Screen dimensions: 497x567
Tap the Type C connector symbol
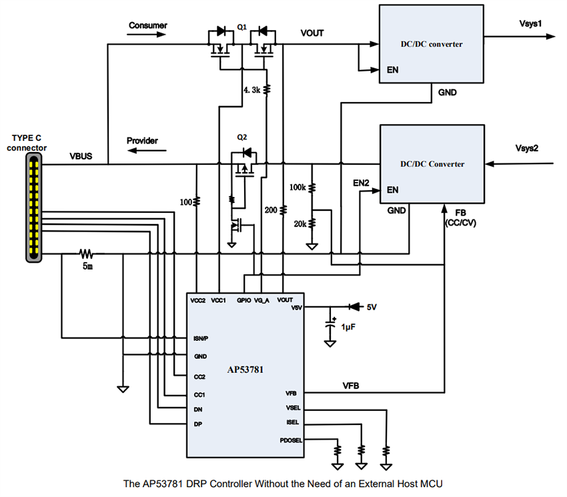pos(33,206)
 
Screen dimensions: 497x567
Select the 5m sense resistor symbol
pos(85,254)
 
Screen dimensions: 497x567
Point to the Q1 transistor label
pos(241,27)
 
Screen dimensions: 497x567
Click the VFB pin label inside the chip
pos(291,393)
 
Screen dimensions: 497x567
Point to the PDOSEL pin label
pos(292,440)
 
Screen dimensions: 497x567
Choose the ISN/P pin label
pos(201,339)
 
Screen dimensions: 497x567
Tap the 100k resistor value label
pos(298,188)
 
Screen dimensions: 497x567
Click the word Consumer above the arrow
pos(148,25)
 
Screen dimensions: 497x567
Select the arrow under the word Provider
pos(142,151)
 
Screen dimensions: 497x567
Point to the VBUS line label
pos(81,157)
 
